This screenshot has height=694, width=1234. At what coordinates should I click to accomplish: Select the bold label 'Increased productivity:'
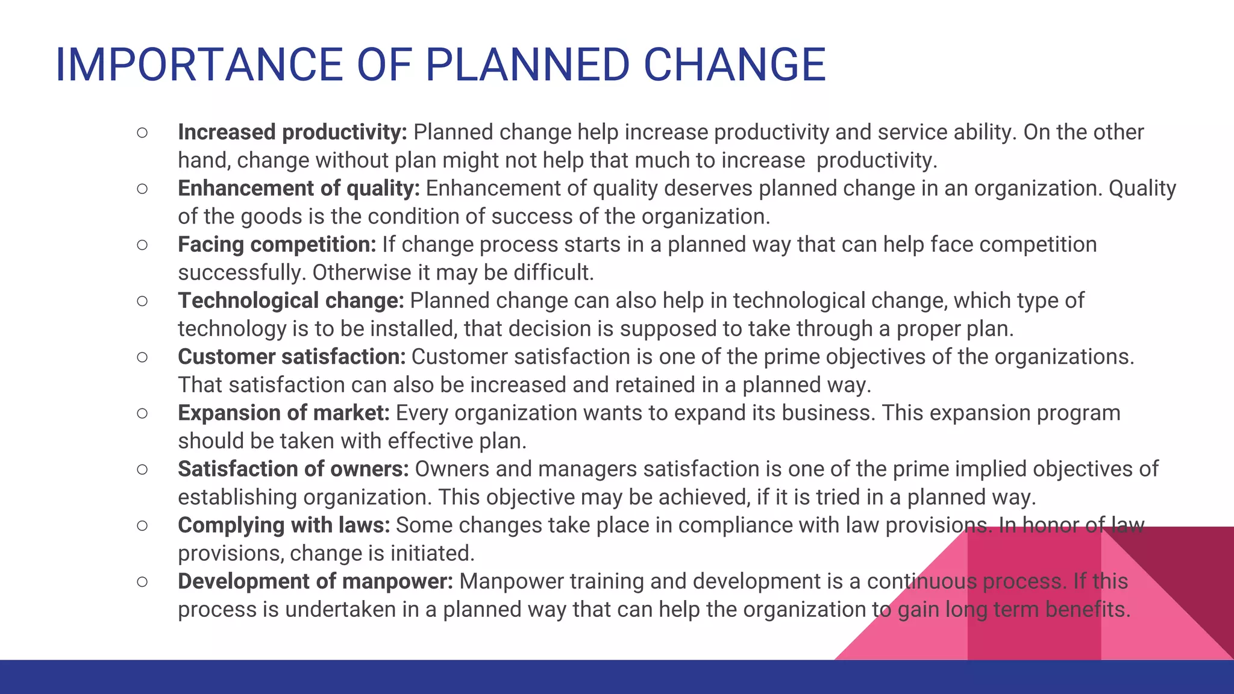click(292, 133)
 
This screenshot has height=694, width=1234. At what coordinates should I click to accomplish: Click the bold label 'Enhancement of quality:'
click(298, 189)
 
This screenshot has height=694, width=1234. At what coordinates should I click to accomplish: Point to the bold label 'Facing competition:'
click(277, 245)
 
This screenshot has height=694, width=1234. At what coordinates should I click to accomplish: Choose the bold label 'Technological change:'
click(290, 301)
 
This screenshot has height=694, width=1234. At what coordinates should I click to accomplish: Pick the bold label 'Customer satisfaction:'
click(292, 357)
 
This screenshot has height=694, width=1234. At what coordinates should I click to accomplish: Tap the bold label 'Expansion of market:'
click(283, 413)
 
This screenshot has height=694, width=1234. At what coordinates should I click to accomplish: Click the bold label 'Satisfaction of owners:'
click(293, 469)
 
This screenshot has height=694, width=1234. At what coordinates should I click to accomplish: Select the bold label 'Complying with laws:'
click(284, 525)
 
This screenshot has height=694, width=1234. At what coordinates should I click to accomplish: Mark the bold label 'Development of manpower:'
click(315, 581)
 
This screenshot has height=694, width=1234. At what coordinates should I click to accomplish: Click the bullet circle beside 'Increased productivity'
click(142, 133)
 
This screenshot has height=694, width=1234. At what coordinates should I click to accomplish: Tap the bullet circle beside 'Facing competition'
click(142, 245)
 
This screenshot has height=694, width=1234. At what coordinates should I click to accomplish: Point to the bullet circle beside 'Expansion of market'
click(142, 413)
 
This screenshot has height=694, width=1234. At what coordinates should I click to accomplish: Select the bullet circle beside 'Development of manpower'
click(142, 581)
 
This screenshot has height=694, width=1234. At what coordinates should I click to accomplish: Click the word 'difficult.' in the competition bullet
click(554, 273)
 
